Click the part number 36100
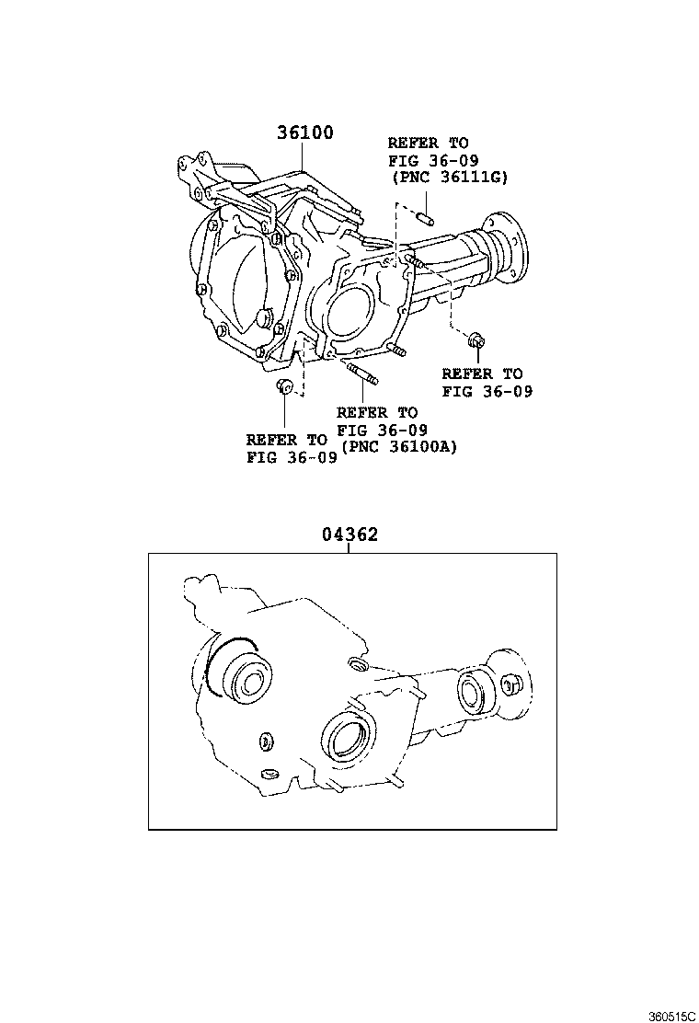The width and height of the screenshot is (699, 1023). [x=305, y=132]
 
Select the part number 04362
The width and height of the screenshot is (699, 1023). [x=350, y=534]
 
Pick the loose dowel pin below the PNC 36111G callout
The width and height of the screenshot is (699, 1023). [x=426, y=219]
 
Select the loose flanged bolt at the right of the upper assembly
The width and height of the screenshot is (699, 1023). [x=476, y=341]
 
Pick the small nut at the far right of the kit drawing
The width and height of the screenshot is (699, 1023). [x=512, y=682]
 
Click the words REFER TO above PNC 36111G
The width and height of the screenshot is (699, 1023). [x=428, y=144]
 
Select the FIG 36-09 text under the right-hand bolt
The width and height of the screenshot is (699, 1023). [x=487, y=391]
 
